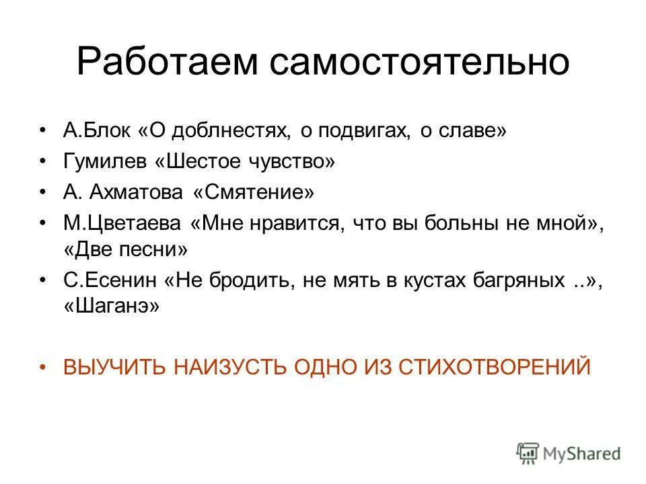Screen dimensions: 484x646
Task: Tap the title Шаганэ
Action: pos(112,307)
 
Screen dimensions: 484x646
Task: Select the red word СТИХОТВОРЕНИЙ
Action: pos(495,367)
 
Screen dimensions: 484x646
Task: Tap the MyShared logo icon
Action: pos(528,452)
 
